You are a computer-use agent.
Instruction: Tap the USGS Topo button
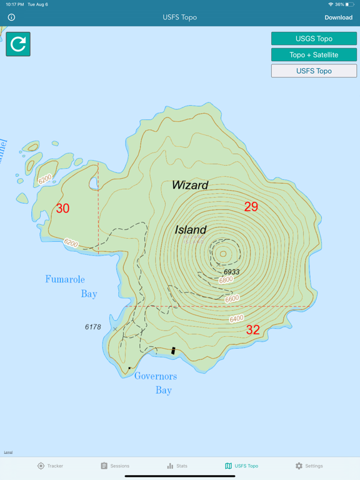(x=314, y=39)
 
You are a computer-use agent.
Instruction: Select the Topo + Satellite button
(x=314, y=55)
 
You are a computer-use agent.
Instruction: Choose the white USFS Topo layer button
(x=314, y=71)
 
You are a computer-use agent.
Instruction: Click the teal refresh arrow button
(x=18, y=44)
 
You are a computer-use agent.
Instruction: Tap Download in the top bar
(x=338, y=17)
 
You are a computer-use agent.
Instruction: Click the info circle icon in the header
(x=11, y=17)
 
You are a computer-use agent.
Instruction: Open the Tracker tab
(x=50, y=466)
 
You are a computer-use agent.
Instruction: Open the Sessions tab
(x=115, y=466)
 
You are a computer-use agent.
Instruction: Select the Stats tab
(x=177, y=466)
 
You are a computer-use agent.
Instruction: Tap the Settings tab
(x=309, y=466)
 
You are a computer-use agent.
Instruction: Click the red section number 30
(x=62, y=209)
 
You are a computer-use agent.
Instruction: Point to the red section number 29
(x=251, y=207)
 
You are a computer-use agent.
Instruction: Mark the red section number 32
(x=252, y=330)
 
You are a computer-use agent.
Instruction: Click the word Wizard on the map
(x=190, y=185)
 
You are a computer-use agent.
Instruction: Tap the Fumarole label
(x=65, y=279)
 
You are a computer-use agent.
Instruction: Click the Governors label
(x=156, y=376)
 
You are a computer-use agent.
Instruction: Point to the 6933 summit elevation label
(x=232, y=272)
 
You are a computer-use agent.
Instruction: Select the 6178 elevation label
(x=93, y=327)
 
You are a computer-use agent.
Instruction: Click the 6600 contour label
(x=232, y=299)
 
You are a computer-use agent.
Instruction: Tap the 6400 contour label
(x=236, y=319)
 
